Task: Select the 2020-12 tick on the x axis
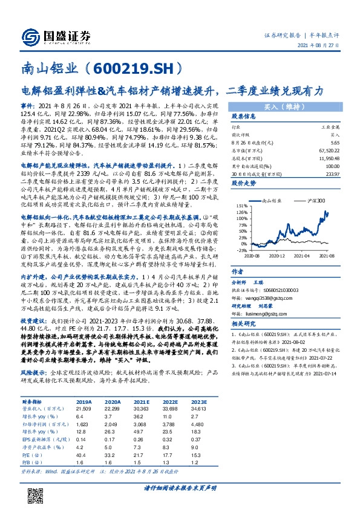click(x=278, y=255)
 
